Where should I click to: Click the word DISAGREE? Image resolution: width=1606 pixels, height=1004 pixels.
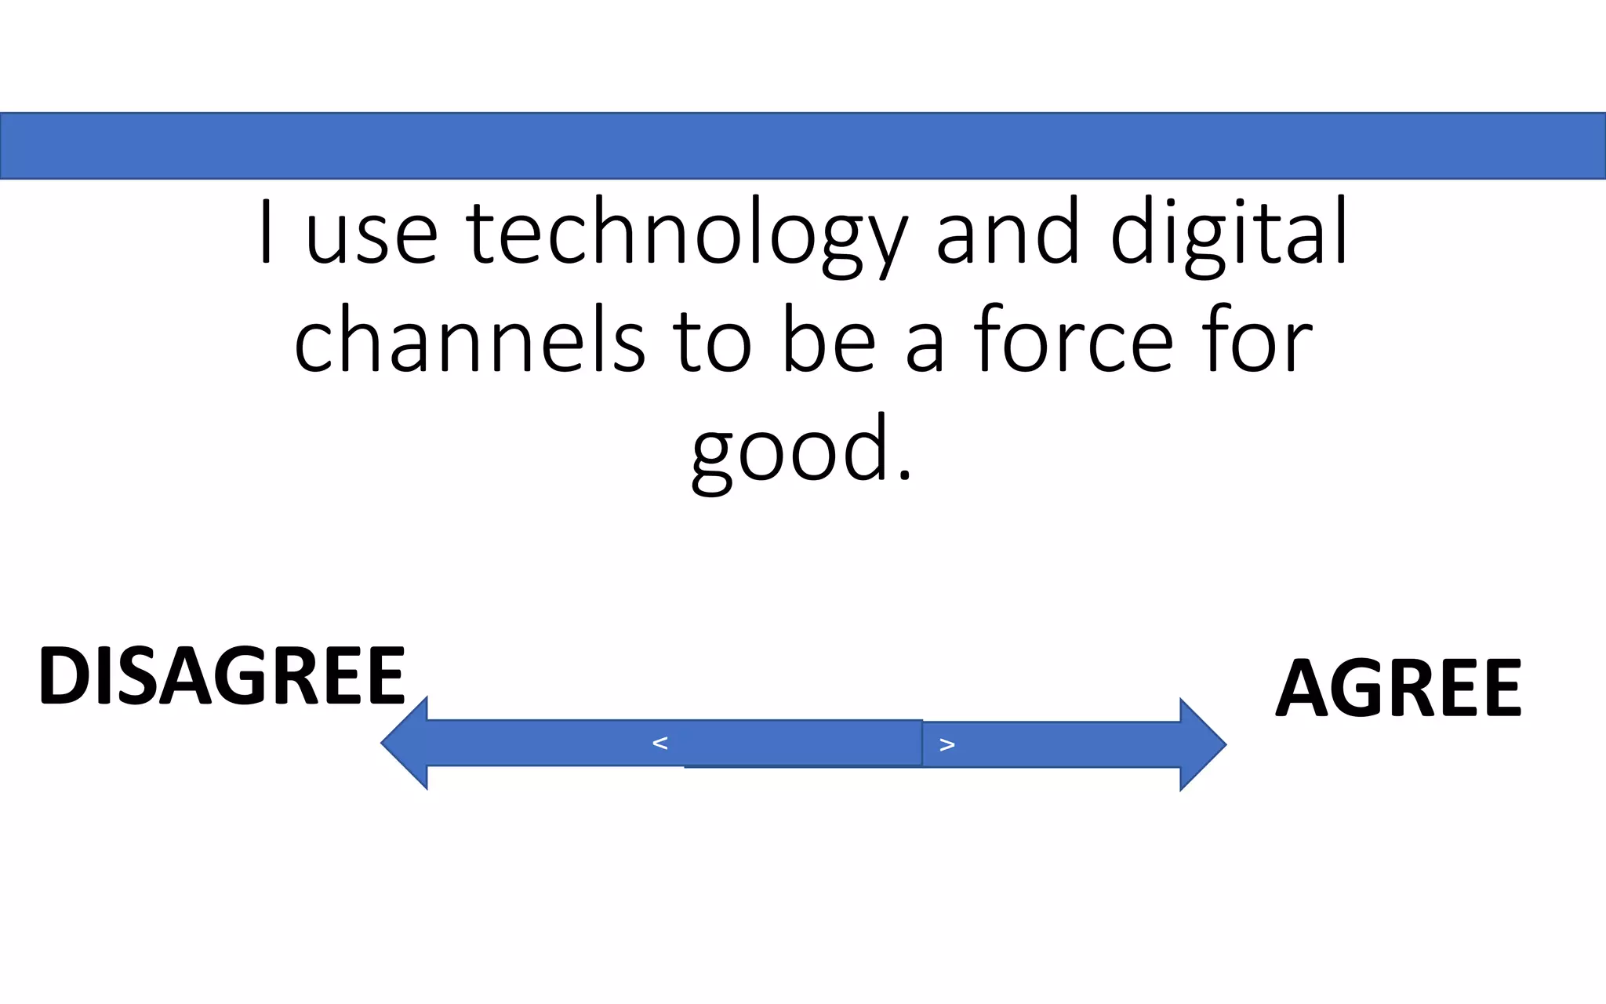click(x=222, y=675)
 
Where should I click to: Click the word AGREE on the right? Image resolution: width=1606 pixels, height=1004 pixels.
click(x=1398, y=688)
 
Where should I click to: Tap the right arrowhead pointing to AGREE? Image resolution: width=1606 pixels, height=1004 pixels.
click(x=1201, y=744)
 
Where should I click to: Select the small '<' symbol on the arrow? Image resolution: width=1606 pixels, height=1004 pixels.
click(x=659, y=743)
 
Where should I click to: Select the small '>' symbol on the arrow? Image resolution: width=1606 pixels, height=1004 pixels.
click(x=947, y=744)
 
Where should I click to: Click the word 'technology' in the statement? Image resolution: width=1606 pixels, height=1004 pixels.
click(x=687, y=235)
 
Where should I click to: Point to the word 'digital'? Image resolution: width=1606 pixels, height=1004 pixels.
click(x=1229, y=235)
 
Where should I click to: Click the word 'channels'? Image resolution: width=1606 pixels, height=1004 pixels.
click(x=470, y=342)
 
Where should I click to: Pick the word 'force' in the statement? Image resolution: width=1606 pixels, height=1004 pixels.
click(x=1074, y=342)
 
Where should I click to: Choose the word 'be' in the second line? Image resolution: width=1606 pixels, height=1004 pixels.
click(x=828, y=342)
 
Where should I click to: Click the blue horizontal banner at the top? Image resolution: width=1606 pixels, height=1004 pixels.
click(x=803, y=146)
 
